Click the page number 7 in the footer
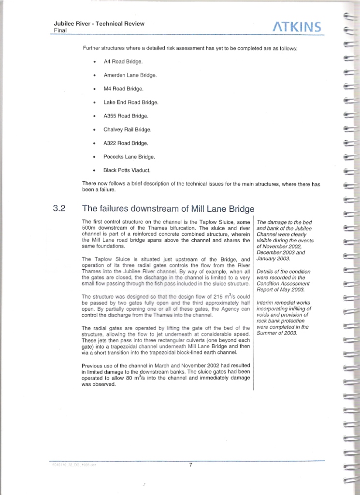coord(191,465)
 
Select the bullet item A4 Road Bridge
coord(123,62)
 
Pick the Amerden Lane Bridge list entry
coord(130,75)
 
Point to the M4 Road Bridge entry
coord(123,89)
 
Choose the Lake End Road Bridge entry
coord(130,102)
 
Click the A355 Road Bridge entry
coord(126,116)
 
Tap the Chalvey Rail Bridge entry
coord(127,130)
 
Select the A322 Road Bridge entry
coord(126,143)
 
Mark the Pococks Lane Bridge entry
coord(129,157)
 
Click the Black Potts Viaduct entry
coord(127,170)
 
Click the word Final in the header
coord(60,30)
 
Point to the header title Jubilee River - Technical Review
coord(99,24)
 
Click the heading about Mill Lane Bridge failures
coord(168,209)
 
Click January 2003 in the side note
coord(274,258)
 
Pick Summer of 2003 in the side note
coord(277,333)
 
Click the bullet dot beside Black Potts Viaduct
coord(93,171)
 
